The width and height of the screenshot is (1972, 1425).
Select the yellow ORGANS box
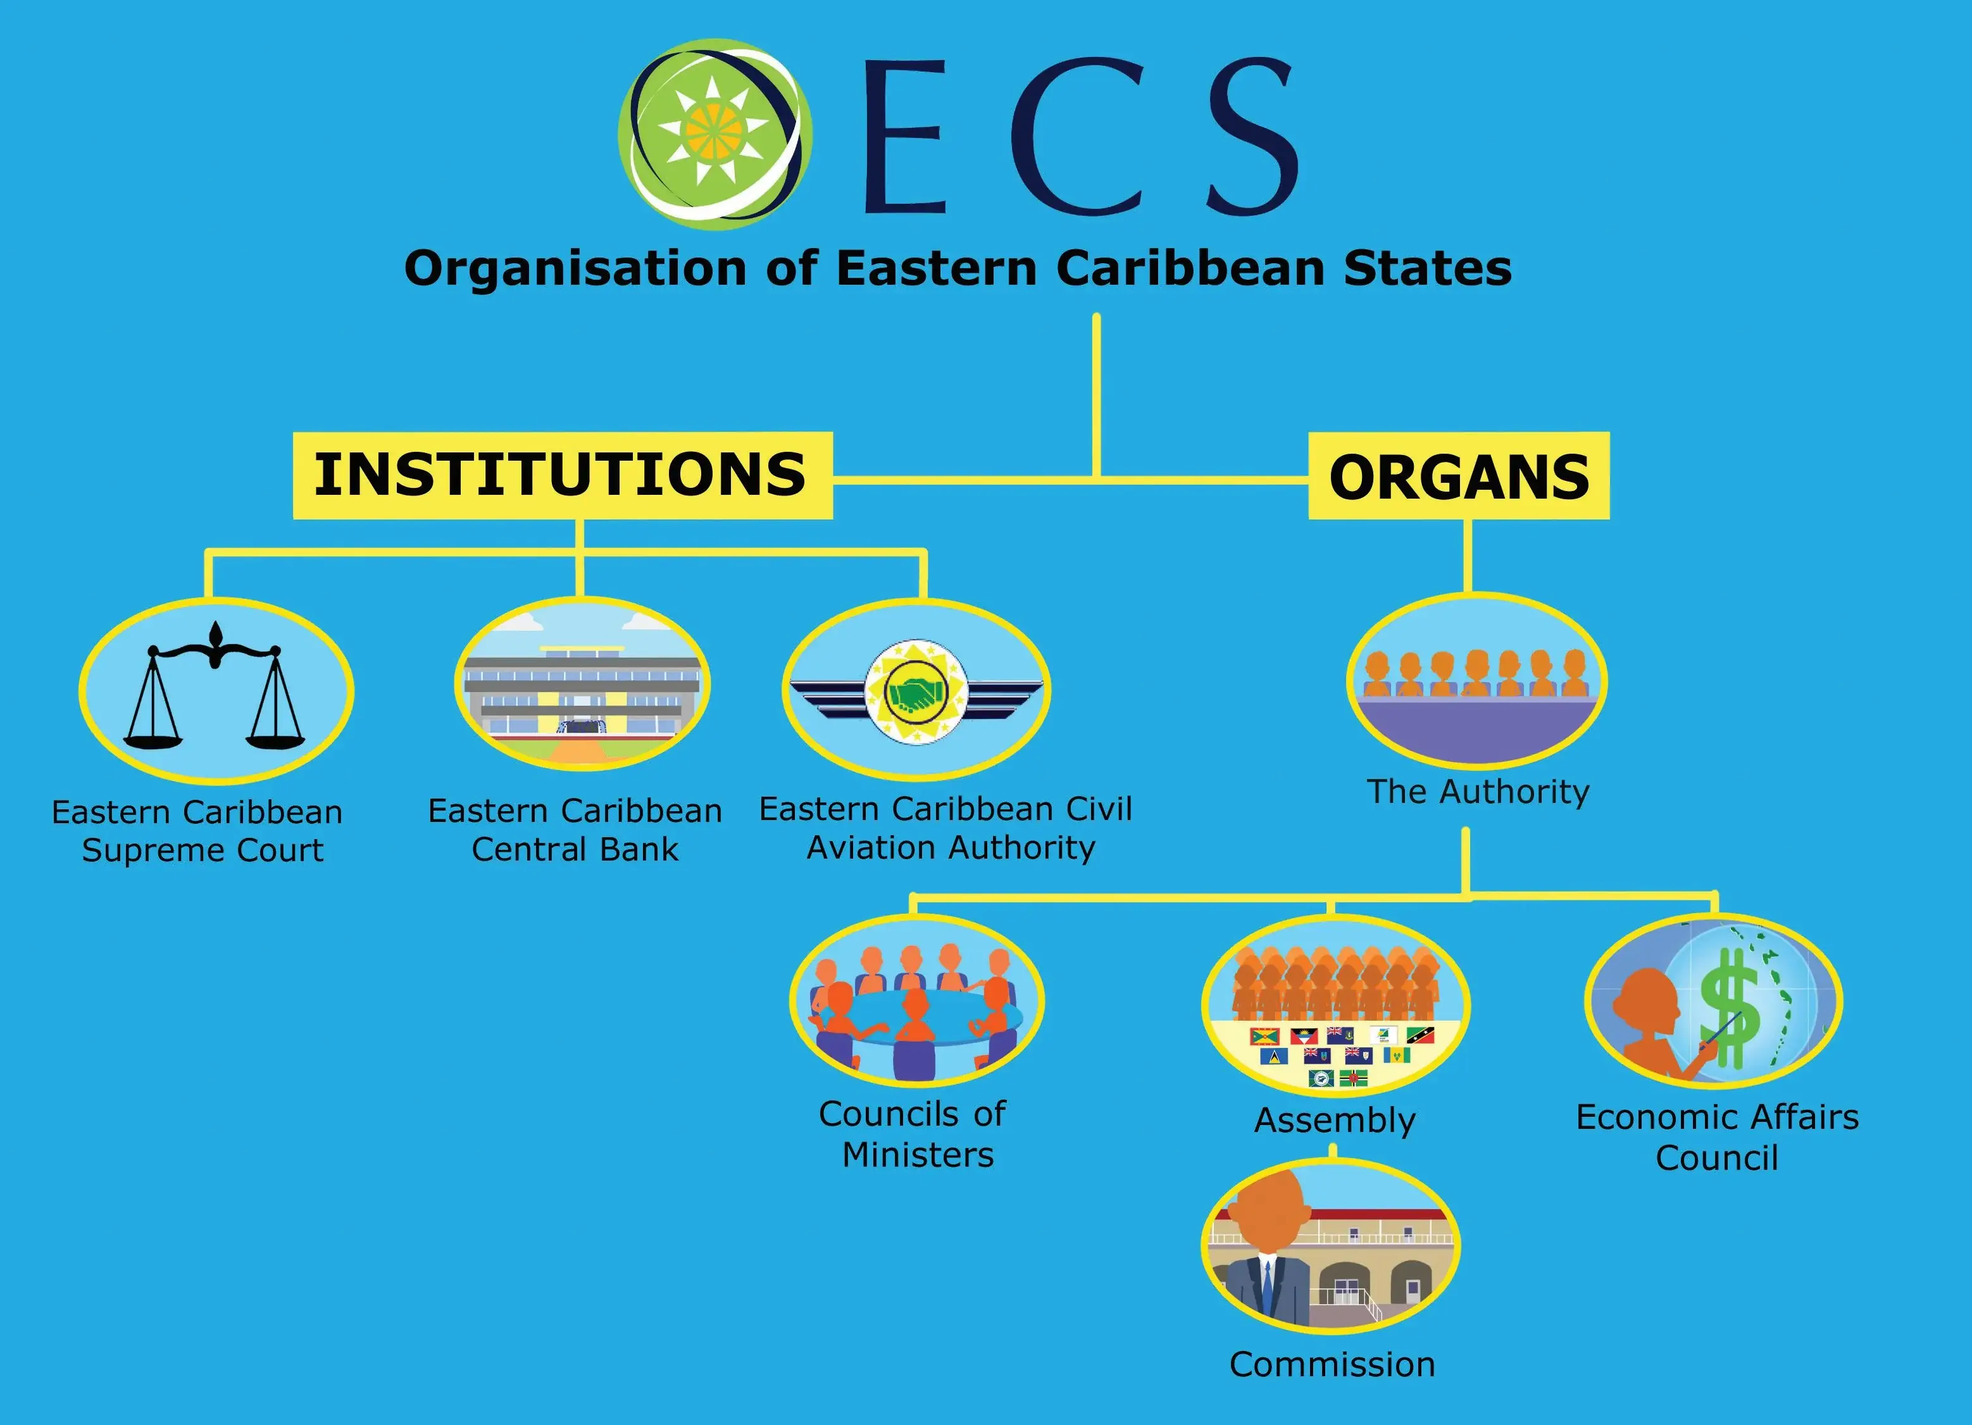tap(1458, 476)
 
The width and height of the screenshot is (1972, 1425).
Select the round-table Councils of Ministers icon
tap(916, 1000)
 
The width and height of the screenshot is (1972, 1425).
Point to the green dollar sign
tap(1730, 1009)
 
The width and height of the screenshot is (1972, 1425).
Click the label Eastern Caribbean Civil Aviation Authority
tap(946, 828)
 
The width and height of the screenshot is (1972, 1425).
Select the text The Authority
tap(1477, 792)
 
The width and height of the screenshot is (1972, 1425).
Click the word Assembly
tap(1335, 1120)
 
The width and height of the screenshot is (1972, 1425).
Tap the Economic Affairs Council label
tap(1716, 1137)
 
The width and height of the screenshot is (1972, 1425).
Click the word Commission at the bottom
tap(1332, 1364)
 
